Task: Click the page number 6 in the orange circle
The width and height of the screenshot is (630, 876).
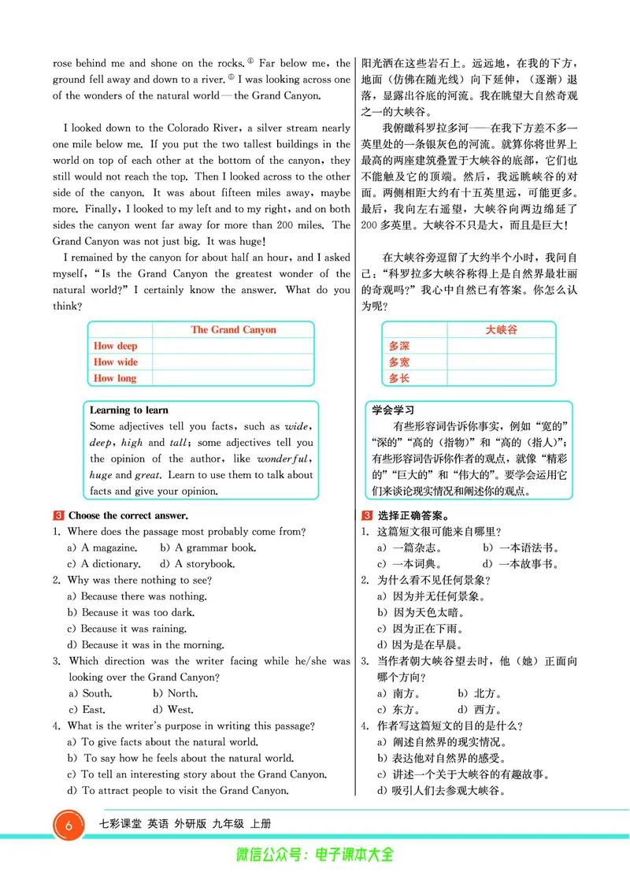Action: [x=70, y=826]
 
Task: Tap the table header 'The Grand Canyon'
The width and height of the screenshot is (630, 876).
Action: [x=233, y=330]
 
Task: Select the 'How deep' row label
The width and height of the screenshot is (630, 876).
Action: [x=115, y=346]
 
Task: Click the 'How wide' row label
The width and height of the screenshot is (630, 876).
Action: [x=115, y=362]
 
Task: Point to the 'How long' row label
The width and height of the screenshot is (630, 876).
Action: [x=115, y=378]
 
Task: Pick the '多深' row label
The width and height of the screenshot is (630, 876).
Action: [x=399, y=346]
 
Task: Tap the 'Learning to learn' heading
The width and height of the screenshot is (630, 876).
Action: [x=128, y=410]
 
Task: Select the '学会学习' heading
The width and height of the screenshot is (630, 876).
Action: [x=393, y=410]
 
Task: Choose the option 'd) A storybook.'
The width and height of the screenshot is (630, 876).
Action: [x=208, y=564]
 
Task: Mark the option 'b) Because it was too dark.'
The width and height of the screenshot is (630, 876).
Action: [x=131, y=612]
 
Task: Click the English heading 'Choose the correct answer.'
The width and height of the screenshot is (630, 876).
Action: [x=128, y=515]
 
